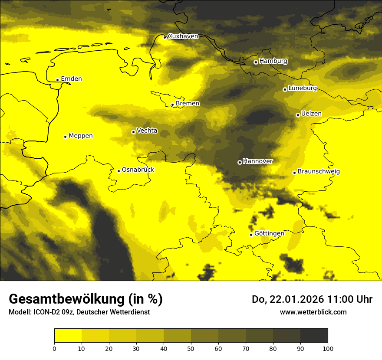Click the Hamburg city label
[273, 61]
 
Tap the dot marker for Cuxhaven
[165, 37]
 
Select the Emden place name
[71, 79]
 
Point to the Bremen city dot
[172, 105]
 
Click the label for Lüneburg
[302, 88]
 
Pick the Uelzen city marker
[298, 115]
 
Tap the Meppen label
[81, 136]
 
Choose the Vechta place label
[147, 131]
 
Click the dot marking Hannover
[240, 162]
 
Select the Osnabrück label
[138, 170]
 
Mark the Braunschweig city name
[319, 172]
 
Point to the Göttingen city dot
[251, 235]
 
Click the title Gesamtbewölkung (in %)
[86, 299]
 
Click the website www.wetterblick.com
[313, 312]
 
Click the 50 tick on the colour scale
[191, 348]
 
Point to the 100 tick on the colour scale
[328, 348]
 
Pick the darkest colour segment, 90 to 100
[314, 336]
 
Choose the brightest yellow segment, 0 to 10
[68, 336]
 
